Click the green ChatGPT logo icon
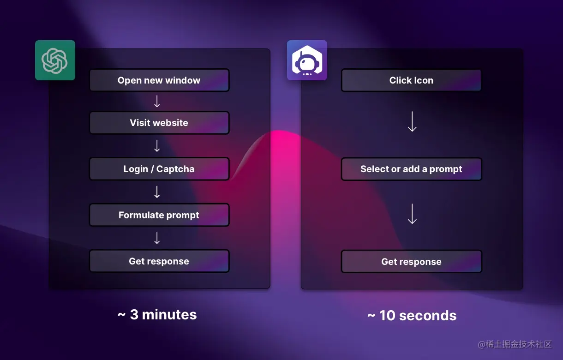[x=55, y=60]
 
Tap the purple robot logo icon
[x=307, y=60]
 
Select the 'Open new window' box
[x=159, y=80]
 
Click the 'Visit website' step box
[x=159, y=123]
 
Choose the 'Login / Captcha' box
[x=159, y=169]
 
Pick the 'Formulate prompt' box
[x=159, y=215]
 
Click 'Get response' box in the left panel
[x=159, y=261]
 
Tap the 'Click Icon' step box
[x=411, y=80]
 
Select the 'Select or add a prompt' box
[x=411, y=169]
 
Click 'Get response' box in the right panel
[x=411, y=262]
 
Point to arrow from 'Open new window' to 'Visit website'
[x=157, y=102]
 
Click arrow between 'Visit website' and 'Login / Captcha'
[x=157, y=146]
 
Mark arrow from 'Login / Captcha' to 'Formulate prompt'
[x=157, y=192]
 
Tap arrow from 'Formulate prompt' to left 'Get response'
[x=157, y=238]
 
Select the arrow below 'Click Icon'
[x=412, y=122]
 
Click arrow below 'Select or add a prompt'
[x=412, y=214]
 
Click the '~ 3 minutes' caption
[x=157, y=314]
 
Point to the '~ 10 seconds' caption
[x=412, y=315]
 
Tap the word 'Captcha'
[x=175, y=169]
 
